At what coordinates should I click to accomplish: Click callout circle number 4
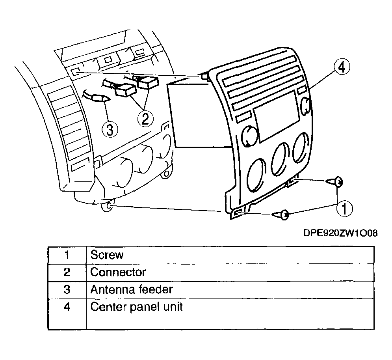point(342,67)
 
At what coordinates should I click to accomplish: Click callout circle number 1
point(344,209)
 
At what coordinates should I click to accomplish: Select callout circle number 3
point(110,130)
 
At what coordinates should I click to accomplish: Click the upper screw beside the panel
point(334,182)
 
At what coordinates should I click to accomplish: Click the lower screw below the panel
point(281,215)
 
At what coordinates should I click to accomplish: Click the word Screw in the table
point(107,255)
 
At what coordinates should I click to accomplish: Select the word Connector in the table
point(118,272)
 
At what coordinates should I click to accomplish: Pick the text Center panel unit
point(136,307)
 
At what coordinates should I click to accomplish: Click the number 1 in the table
point(67,255)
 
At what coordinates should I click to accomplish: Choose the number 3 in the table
point(67,289)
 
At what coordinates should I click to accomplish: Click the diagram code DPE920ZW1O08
point(340,233)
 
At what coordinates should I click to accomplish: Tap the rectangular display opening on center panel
point(276,117)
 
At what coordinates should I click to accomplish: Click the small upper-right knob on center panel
point(305,105)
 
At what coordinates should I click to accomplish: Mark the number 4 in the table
point(67,307)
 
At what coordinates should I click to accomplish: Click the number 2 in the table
point(67,272)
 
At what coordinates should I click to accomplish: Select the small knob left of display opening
point(249,136)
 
